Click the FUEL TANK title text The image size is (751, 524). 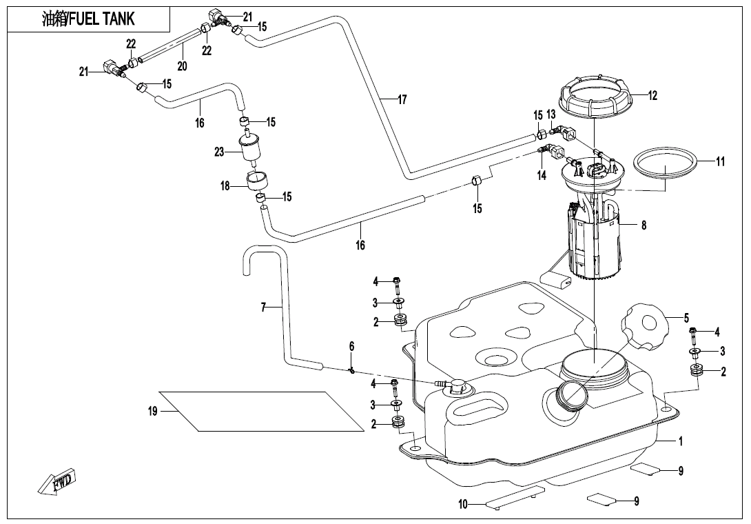(x=88, y=19)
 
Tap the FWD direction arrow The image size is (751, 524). (x=58, y=480)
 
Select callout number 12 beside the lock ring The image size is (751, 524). (x=652, y=96)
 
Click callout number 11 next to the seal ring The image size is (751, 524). (x=720, y=162)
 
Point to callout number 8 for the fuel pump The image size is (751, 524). (x=644, y=225)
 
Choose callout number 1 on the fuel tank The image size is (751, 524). (x=680, y=441)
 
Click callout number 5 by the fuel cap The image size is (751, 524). (x=686, y=318)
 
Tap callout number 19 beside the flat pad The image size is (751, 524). (x=153, y=411)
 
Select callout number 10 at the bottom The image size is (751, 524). (x=463, y=505)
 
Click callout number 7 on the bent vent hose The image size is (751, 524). (x=263, y=307)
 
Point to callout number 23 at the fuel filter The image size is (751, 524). (x=219, y=152)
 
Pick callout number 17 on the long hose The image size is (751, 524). (x=402, y=99)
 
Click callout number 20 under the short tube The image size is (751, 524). (x=182, y=66)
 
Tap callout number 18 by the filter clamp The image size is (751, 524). (x=225, y=186)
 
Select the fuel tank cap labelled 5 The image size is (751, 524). (x=646, y=325)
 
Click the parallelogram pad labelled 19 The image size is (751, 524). (x=272, y=412)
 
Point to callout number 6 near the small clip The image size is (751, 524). (x=351, y=345)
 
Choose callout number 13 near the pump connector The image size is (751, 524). (x=551, y=114)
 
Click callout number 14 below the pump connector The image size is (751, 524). (x=542, y=176)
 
